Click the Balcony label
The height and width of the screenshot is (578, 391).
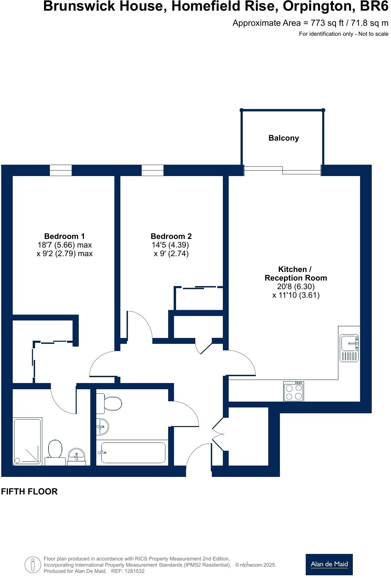[x=283, y=138]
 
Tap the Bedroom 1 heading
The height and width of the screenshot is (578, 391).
[x=64, y=236]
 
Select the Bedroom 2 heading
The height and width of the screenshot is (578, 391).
[x=171, y=236]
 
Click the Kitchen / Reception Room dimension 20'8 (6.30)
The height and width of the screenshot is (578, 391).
[x=296, y=286]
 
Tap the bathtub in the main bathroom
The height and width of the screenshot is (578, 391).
[x=133, y=452]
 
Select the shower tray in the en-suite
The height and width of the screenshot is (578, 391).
[x=27, y=441]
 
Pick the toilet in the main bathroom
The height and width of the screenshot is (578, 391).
[x=110, y=404]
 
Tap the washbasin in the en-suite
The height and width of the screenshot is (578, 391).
[x=76, y=456]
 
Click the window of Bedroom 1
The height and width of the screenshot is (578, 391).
[x=61, y=170]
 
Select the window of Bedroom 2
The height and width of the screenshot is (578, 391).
[x=152, y=170]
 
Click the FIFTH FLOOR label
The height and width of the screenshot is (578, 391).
[x=29, y=491]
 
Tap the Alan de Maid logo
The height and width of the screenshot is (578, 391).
[x=329, y=564]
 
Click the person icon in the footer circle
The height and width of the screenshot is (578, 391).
[x=33, y=564]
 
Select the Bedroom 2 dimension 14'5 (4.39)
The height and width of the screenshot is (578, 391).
[x=170, y=245]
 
